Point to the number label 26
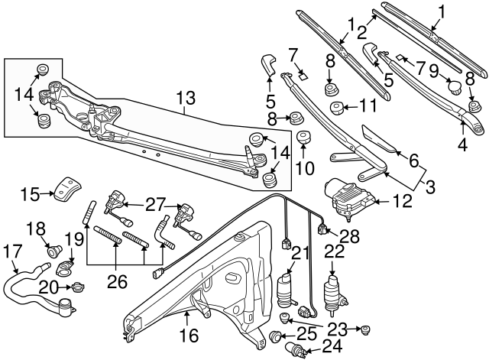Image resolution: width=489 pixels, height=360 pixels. click(117, 283)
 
